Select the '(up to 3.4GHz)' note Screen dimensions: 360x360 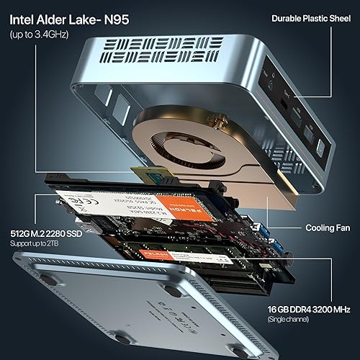pos(34,33)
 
